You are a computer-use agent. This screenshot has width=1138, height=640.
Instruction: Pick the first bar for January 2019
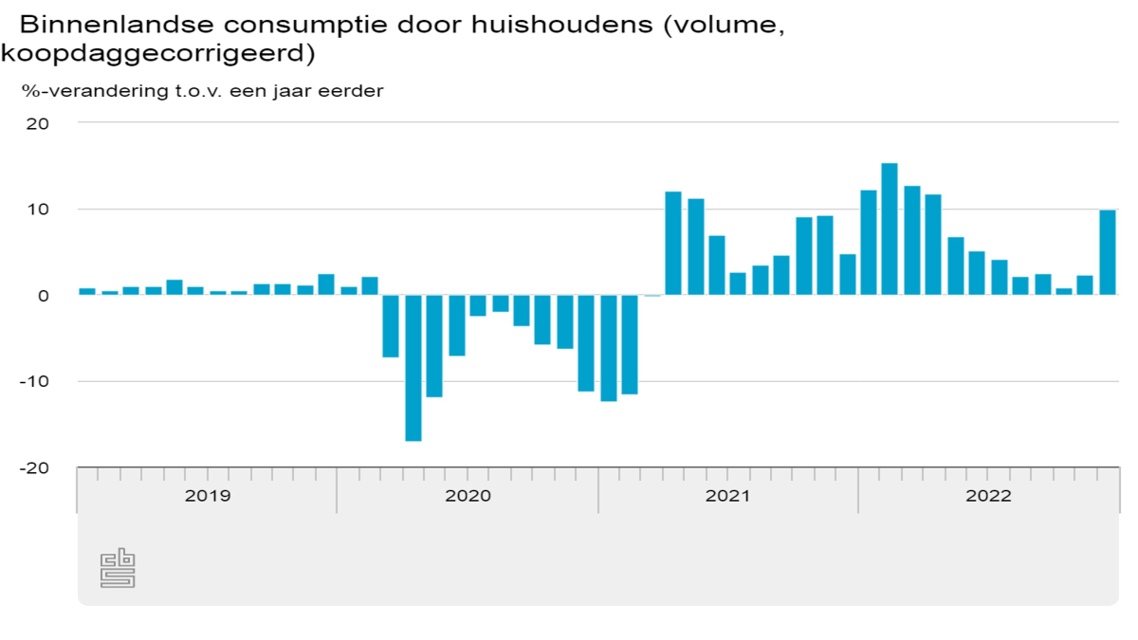[87, 291]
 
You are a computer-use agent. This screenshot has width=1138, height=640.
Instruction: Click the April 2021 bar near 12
[673, 244]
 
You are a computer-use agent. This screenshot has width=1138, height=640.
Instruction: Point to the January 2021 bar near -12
[608, 348]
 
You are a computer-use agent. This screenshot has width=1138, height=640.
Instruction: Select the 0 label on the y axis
[44, 296]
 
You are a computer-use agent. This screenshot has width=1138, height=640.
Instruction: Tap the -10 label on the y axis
[32, 382]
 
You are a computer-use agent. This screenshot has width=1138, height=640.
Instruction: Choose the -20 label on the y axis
[32, 468]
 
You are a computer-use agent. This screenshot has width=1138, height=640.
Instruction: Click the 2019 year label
[207, 496]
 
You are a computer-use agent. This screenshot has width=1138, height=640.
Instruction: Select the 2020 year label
[468, 496]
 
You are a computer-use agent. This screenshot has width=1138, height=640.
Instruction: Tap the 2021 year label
[728, 496]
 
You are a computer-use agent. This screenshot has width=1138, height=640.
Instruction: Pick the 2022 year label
[988, 496]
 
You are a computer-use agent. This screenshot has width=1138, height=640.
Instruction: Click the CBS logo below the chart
[118, 567]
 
